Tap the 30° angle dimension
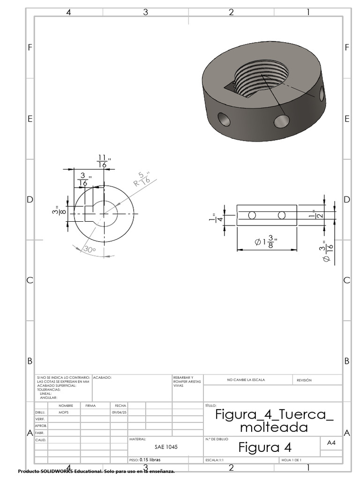click(x=89, y=250)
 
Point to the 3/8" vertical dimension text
click(x=56, y=211)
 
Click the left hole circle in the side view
click(x=252, y=215)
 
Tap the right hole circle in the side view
click(x=281, y=215)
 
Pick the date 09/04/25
click(x=117, y=412)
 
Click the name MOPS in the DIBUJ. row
click(x=63, y=412)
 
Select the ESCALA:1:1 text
click(x=215, y=460)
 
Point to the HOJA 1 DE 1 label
click(x=291, y=460)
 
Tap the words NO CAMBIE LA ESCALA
click(x=246, y=380)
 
